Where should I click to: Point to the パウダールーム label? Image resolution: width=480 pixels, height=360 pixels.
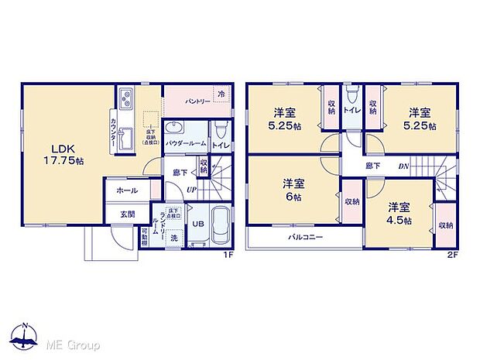click(184, 144)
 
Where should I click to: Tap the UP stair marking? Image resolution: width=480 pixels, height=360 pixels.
click(190, 190)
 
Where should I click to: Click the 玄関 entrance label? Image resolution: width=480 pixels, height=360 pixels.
click(126, 214)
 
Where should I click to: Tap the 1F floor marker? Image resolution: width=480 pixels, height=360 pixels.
click(228, 254)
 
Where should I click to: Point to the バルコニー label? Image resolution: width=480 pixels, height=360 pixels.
click(306, 237)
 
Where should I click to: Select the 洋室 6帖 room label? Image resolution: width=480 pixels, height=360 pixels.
click(292, 190)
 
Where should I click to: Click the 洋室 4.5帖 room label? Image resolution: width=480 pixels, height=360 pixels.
click(399, 213)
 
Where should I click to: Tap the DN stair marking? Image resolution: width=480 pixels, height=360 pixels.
click(403, 166)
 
